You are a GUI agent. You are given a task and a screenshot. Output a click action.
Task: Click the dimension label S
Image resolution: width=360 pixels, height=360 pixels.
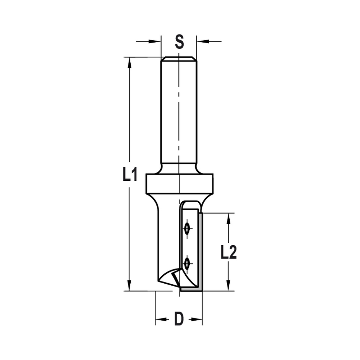click(x=179, y=42)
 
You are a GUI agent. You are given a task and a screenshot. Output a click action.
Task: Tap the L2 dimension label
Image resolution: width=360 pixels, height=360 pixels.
click(x=228, y=253)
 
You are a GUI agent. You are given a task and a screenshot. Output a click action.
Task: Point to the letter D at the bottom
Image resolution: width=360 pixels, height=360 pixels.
click(x=179, y=319)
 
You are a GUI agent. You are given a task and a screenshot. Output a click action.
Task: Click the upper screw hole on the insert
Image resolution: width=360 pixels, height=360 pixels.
click(x=187, y=229)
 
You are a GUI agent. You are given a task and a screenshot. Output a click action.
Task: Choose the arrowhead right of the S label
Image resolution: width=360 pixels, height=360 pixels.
click(x=202, y=41)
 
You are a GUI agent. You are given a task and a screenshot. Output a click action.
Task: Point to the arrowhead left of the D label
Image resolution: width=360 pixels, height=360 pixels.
click(x=161, y=319)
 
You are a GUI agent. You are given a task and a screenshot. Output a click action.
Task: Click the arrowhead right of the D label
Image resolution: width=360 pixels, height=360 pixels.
click(x=197, y=319)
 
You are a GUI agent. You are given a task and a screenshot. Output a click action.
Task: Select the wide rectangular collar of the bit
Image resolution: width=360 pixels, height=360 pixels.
click(x=179, y=184)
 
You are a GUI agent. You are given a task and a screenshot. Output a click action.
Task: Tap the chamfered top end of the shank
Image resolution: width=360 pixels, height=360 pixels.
click(x=179, y=59)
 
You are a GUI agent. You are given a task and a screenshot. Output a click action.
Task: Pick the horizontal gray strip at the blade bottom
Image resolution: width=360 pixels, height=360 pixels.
click(x=191, y=289)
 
